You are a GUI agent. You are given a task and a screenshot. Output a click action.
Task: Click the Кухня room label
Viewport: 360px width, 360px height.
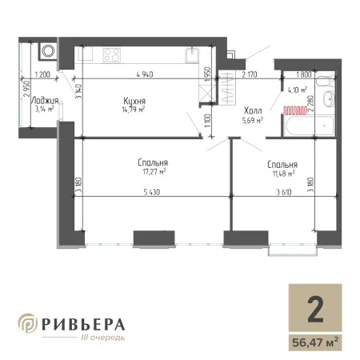tap(134, 101)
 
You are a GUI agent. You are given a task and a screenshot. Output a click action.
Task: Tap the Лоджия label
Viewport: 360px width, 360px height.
tap(45, 101)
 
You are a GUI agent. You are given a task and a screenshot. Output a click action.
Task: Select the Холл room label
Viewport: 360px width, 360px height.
tap(253, 110)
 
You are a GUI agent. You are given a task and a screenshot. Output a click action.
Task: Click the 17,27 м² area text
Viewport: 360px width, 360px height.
tap(154, 171)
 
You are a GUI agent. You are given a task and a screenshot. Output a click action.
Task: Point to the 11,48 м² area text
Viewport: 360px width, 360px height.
tap(283, 174)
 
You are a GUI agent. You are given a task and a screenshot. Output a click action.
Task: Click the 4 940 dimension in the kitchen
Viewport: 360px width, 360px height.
tap(145, 74)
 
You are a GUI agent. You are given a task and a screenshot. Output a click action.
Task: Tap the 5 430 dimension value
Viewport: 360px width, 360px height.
tap(152, 192)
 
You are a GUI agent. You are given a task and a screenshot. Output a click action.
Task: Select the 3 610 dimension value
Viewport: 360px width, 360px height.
tap(284, 192)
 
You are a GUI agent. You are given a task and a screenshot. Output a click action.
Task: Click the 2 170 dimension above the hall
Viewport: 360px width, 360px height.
tap(250, 74)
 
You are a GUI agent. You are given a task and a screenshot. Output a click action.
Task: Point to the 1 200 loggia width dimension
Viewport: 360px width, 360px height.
tap(42, 74)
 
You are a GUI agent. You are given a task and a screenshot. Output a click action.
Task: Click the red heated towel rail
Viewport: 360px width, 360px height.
tap(295, 110)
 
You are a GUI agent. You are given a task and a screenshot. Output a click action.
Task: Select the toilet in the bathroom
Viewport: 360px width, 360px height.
tap(326, 81)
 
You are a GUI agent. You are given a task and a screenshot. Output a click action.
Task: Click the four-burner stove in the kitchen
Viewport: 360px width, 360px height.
tap(112, 55)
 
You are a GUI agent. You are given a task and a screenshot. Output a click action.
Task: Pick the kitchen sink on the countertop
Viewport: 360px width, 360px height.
tap(192, 55)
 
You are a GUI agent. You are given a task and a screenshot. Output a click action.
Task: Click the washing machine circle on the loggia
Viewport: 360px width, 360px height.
tap(48, 51)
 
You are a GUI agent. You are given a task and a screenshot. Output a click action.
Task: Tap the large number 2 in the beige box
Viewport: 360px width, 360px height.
tap(315, 310)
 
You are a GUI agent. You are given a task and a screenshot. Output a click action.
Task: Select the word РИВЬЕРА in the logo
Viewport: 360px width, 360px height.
tap(83, 325)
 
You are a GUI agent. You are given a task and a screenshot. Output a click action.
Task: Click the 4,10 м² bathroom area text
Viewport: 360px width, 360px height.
tap(297, 90)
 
